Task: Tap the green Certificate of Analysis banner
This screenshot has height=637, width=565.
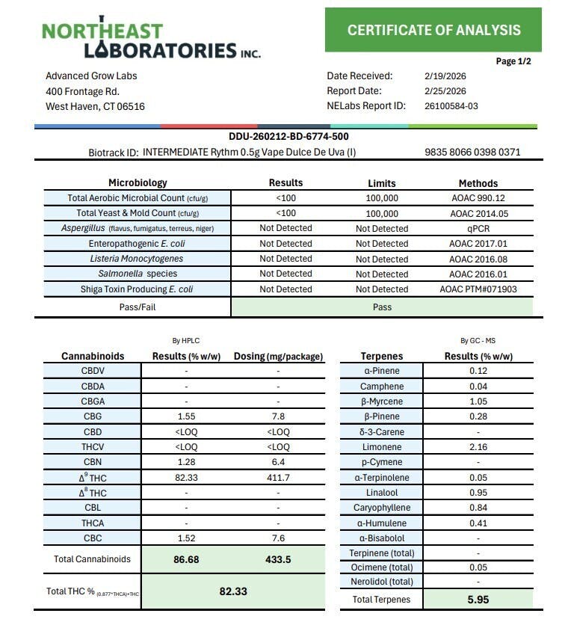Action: pyautogui.click(x=433, y=30)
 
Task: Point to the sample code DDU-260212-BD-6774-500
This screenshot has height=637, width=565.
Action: pyautogui.click(x=288, y=137)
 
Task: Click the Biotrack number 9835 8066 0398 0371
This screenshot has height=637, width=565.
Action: pyautogui.click(x=472, y=153)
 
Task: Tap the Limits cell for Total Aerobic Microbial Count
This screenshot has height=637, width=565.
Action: pyautogui.click(x=381, y=198)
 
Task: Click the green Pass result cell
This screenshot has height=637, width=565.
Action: pyautogui.click(x=381, y=307)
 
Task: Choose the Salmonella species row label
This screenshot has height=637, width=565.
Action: pyautogui.click(x=138, y=274)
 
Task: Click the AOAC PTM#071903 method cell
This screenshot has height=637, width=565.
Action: pyautogui.click(x=478, y=289)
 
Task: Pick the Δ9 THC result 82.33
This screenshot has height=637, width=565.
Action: pyautogui.click(x=186, y=477)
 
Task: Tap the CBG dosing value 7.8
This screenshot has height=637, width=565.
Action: pyautogui.click(x=278, y=416)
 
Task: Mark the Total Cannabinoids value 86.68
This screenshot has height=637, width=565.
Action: pyautogui.click(x=186, y=559)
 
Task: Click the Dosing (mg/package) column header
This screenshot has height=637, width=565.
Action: pyautogui.click(x=278, y=356)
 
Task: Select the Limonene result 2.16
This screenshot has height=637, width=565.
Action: pyautogui.click(x=478, y=446)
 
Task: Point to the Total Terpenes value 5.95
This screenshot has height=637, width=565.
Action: pyautogui.click(x=478, y=599)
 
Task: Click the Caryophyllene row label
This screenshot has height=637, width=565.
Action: pyautogui.click(x=381, y=508)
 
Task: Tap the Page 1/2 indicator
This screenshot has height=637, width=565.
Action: pyautogui.click(x=513, y=61)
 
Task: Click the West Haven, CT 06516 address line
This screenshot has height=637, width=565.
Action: pyautogui.click(x=95, y=106)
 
